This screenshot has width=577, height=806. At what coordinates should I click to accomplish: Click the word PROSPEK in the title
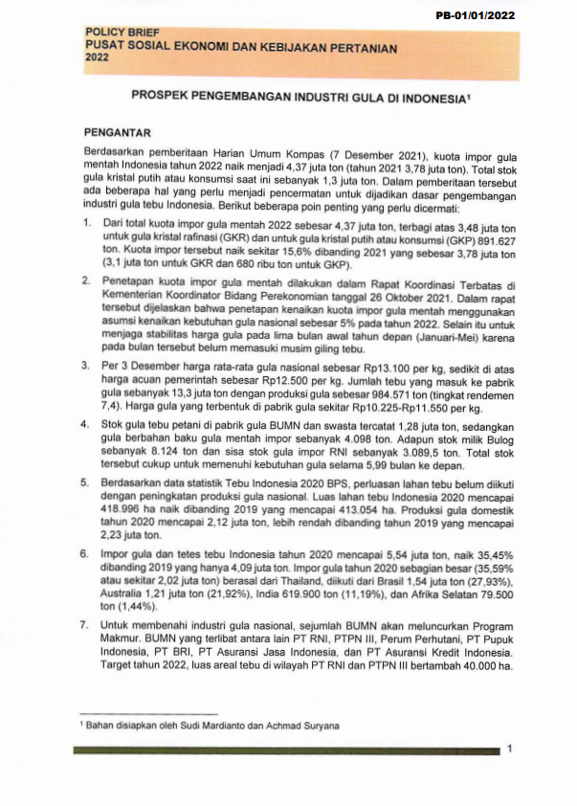pos(159,99)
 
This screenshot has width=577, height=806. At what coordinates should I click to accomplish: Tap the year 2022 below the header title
pos(98,57)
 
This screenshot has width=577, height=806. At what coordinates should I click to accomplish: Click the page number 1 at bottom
pos(509,749)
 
